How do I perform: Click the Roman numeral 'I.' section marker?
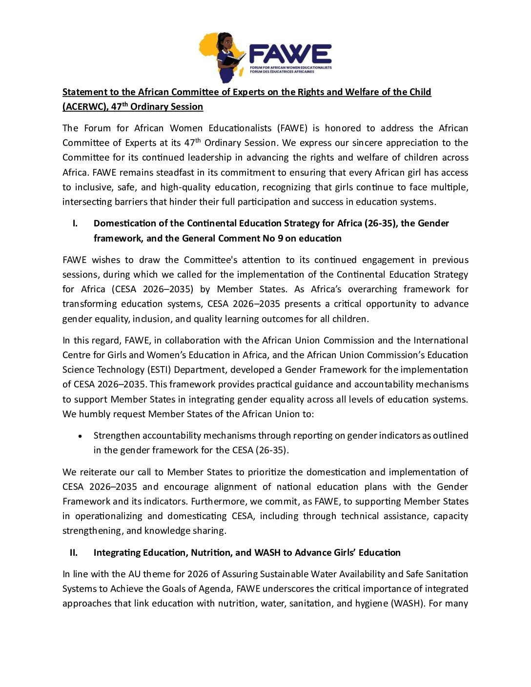click(75, 223)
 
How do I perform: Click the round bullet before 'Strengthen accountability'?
click(81, 436)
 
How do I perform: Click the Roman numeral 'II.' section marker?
click(74, 553)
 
